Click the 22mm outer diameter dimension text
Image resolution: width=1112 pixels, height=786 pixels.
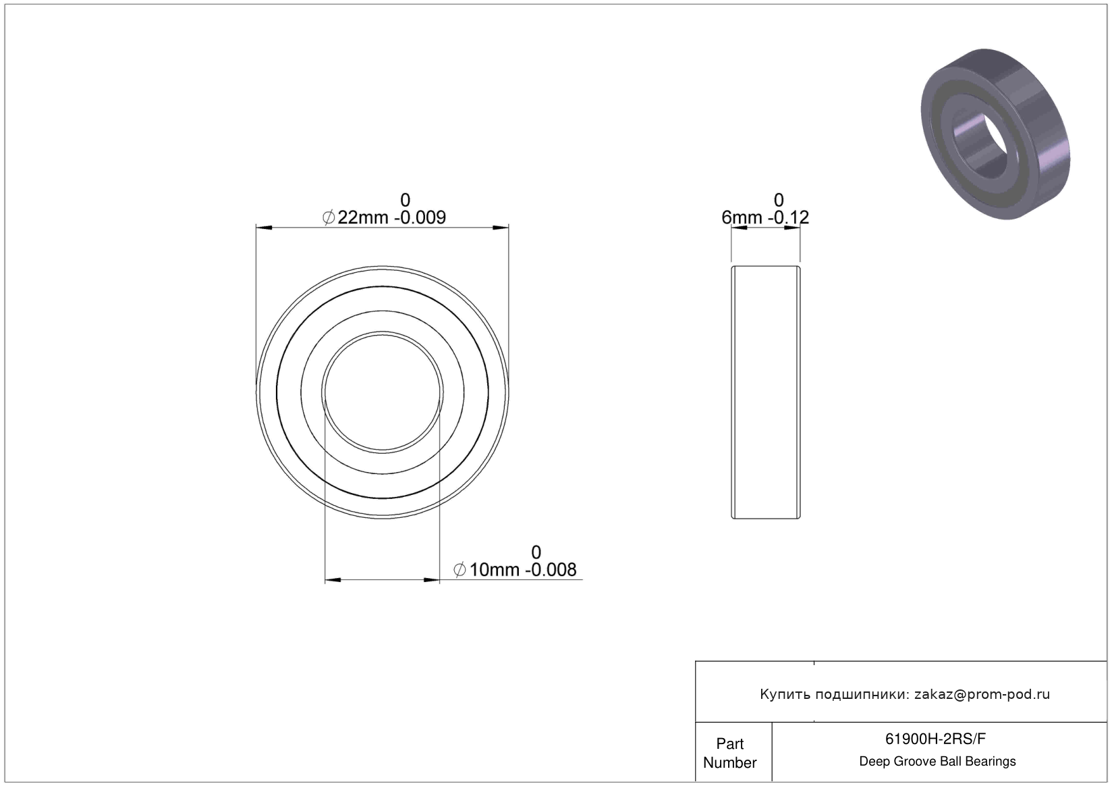(x=363, y=217)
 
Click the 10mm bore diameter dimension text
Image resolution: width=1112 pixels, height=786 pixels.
(x=495, y=570)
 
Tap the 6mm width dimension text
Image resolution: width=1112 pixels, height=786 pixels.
(x=742, y=217)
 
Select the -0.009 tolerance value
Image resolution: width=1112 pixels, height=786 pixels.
(x=420, y=217)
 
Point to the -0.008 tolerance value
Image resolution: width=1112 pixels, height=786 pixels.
(x=551, y=570)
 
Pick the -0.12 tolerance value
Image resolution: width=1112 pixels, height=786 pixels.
(x=788, y=217)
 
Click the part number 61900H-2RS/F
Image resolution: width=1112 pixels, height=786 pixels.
(x=936, y=739)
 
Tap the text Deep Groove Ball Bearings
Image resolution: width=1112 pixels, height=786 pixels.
(x=937, y=761)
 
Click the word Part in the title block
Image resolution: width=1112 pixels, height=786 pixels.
(x=730, y=743)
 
